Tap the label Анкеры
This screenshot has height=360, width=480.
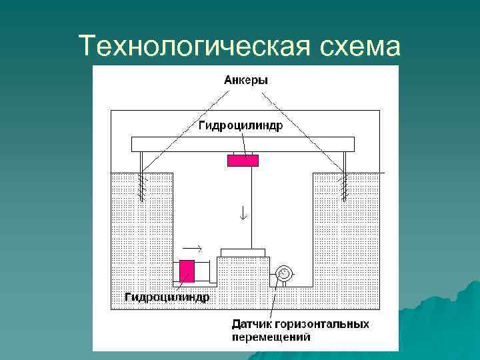coord(245,80)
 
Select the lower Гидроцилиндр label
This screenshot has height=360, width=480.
coord(167,297)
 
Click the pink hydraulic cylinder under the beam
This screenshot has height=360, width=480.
coord(243,160)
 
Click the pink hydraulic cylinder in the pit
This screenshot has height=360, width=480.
coord(187,271)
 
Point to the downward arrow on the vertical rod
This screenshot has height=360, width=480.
coord(243,213)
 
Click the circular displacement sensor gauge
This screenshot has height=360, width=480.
coord(283,273)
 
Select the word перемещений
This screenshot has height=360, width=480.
coord(271,337)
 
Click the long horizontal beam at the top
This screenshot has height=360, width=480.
coord(243,143)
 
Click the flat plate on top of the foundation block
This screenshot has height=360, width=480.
coord(243,252)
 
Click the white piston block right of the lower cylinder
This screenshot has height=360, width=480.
coord(207,271)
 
